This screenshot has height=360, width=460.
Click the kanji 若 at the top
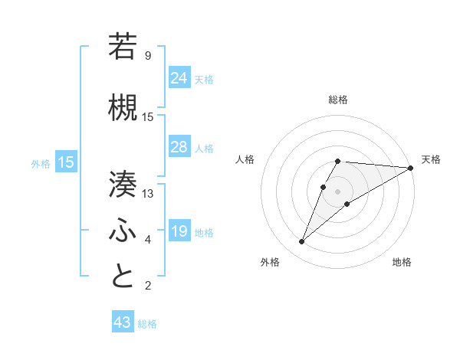click(x=123, y=46)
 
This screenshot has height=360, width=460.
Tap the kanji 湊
click(x=123, y=185)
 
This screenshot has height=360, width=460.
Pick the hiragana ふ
click(x=123, y=230)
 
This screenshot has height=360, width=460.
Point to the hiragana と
click(x=123, y=277)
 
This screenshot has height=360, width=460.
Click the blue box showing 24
click(x=179, y=77)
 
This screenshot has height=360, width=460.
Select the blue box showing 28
click(x=179, y=146)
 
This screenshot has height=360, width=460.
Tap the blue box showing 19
click(x=179, y=231)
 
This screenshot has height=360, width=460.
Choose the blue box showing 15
click(x=66, y=162)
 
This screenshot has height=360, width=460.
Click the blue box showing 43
click(x=123, y=322)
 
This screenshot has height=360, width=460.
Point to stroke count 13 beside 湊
click(x=148, y=194)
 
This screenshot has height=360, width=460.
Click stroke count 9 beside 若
click(x=148, y=56)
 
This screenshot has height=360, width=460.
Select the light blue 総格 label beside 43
click(x=148, y=324)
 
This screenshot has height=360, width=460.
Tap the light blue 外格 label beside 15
click(x=41, y=163)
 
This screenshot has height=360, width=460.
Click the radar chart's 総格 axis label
click(x=337, y=100)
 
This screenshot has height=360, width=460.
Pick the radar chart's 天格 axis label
click(x=431, y=159)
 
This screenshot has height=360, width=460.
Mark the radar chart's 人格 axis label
click(x=245, y=159)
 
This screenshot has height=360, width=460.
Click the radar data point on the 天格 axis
click(x=411, y=168)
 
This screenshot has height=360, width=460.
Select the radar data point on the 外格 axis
click(x=301, y=242)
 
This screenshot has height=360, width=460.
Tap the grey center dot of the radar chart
click(x=337, y=191)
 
